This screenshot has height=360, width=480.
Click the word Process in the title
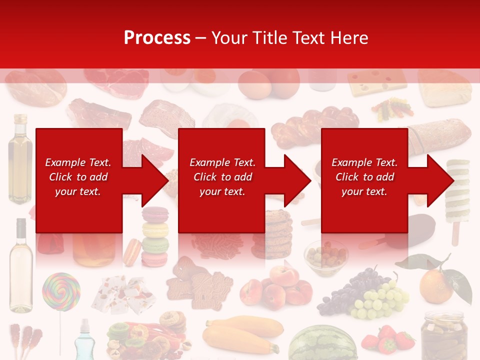(157, 37)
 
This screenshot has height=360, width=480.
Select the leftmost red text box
(78, 180)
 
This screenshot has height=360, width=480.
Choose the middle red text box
(221, 180)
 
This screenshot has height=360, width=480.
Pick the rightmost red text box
(364, 180)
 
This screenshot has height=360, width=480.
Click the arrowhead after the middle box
(297, 180)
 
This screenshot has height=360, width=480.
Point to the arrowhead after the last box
(440, 180)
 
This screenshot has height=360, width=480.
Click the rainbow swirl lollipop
(60, 291)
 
